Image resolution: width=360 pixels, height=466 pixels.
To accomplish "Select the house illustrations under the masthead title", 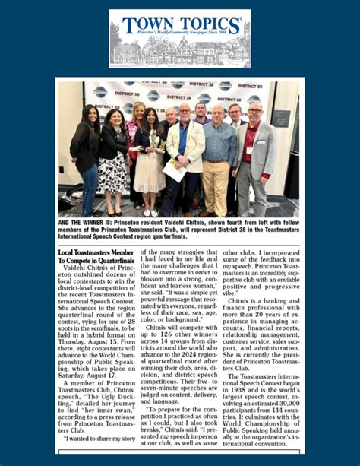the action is point(179,52).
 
